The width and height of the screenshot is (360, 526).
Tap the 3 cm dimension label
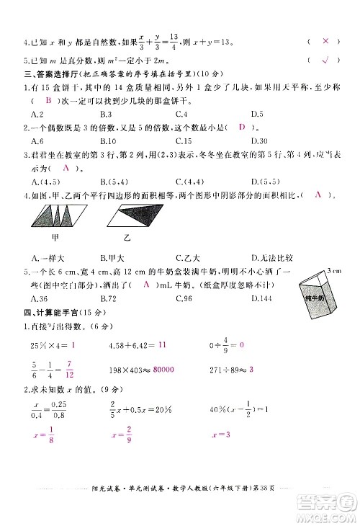click(333, 269)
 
